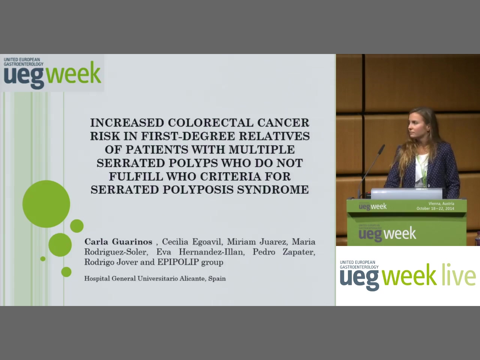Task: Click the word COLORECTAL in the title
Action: click(x=210, y=123)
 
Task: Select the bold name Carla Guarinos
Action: click(x=118, y=242)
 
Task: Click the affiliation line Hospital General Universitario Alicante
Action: click(x=155, y=279)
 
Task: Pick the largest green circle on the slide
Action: click(x=46, y=204)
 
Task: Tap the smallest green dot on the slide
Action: click(x=43, y=259)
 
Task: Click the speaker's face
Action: click(x=415, y=127)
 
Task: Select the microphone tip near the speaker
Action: click(x=382, y=148)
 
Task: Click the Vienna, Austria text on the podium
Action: click(x=441, y=204)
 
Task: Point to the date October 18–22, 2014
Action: click(x=435, y=208)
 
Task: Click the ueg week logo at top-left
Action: click(x=52, y=73)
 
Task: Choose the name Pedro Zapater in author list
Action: click(x=284, y=252)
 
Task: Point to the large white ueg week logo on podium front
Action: click(x=387, y=234)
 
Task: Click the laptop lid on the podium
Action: click(x=406, y=193)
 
